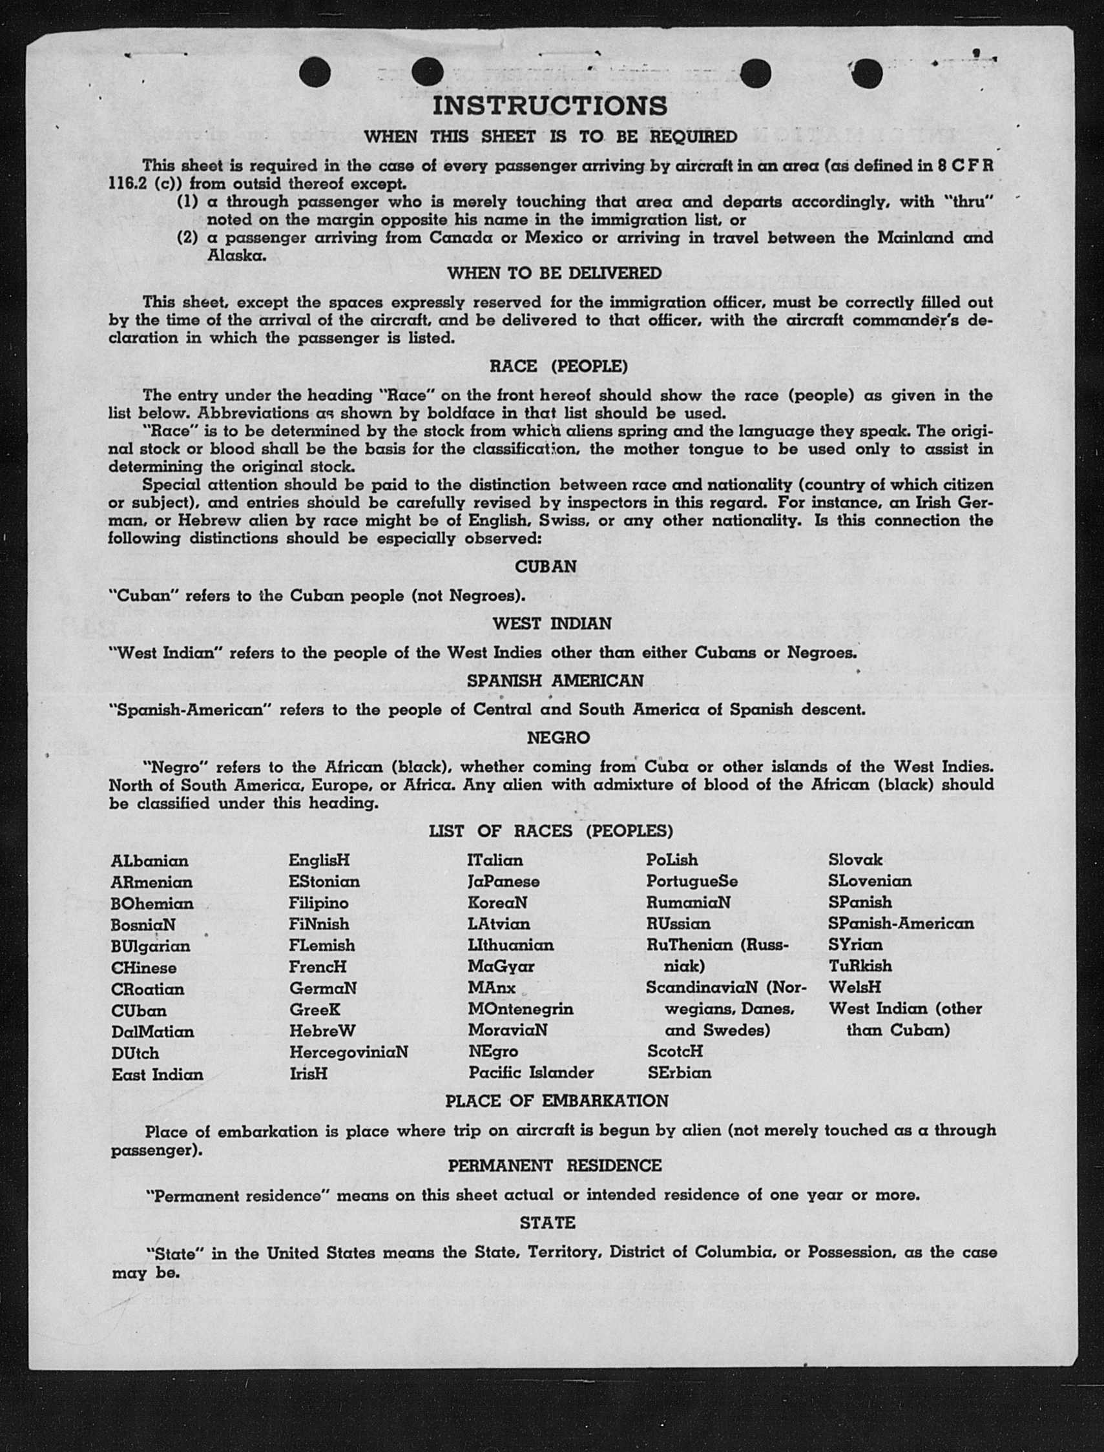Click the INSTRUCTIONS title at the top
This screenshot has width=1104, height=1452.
550,106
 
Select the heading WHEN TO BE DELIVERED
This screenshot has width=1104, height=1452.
554,273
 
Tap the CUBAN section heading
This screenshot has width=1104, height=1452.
545,566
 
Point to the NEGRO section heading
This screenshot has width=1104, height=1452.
558,738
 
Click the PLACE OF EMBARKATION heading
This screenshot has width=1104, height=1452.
557,1101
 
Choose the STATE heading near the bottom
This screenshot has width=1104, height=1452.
547,1223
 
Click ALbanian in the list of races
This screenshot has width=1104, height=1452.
149,861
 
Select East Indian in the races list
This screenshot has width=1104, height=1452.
157,1075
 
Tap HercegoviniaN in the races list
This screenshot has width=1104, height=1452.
348,1053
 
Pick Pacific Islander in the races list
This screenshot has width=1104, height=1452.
531,1073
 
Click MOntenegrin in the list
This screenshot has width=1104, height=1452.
521,1008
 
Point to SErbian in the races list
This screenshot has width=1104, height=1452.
679,1073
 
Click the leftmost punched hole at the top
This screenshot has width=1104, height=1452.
315,72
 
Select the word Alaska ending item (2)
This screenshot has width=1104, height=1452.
236,256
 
